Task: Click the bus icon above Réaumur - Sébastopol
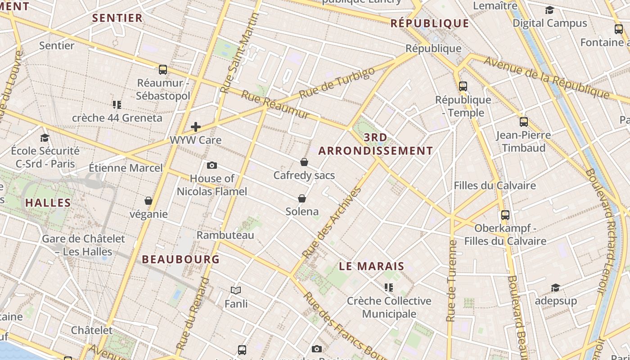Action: (x=163, y=70)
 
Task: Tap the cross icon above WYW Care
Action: (x=196, y=127)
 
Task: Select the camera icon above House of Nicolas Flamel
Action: (x=212, y=166)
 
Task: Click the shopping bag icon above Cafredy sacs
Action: (x=304, y=162)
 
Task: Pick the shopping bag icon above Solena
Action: (x=302, y=198)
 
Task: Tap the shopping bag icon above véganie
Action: (x=148, y=201)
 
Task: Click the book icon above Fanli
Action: (x=236, y=290)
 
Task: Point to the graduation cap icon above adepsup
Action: (x=556, y=288)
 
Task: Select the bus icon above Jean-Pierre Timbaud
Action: (x=523, y=121)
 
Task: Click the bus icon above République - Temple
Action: (x=463, y=86)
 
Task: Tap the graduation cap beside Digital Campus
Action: (x=549, y=10)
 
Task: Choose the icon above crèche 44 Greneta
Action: (x=117, y=105)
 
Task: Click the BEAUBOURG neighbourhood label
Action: (x=181, y=259)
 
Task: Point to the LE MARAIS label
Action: (x=372, y=266)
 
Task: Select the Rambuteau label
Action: (x=225, y=235)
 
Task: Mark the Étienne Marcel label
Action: (x=126, y=168)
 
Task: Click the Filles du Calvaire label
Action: (x=495, y=185)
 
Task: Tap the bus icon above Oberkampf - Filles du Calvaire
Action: (x=505, y=215)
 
